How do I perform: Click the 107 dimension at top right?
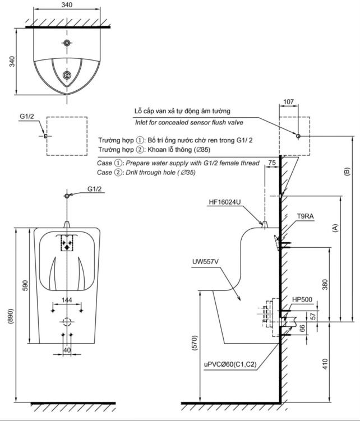click(288, 102)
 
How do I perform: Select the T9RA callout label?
click(304, 215)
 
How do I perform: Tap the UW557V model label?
click(205, 261)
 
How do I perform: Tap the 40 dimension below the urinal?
click(67, 350)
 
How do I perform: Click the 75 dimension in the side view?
click(272, 163)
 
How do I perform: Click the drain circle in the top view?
click(67, 75)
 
